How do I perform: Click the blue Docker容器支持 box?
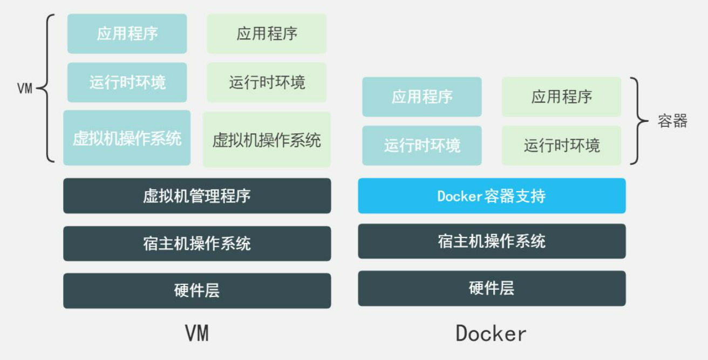(x=492, y=195)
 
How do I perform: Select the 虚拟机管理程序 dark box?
(x=197, y=195)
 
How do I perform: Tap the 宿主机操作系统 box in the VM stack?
(x=197, y=243)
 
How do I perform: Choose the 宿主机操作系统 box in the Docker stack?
(x=492, y=241)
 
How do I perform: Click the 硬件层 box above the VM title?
(x=197, y=291)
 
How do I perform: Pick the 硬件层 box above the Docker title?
(x=492, y=288)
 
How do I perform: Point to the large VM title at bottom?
(x=197, y=333)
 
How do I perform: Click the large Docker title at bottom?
(x=491, y=333)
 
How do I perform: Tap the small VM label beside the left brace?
(x=25, y=89)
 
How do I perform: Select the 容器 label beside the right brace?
(x=672, y=121)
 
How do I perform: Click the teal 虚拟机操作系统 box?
(x=127, y=138)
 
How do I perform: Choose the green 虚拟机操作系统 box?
(x=267, y=140)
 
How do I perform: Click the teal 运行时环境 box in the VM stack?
(x=127, y=83)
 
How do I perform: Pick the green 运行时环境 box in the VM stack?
(x=267, y=83)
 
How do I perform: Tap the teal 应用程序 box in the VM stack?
(x=127, y=33)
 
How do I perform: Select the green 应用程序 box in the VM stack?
(x=267, y=33)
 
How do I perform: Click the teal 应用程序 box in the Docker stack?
(x=421, y=97)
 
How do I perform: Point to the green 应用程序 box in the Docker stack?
(x=561, y=97)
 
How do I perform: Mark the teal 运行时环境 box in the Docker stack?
(x=421, y=145)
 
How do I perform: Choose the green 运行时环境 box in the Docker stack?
(x=561, y=145)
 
